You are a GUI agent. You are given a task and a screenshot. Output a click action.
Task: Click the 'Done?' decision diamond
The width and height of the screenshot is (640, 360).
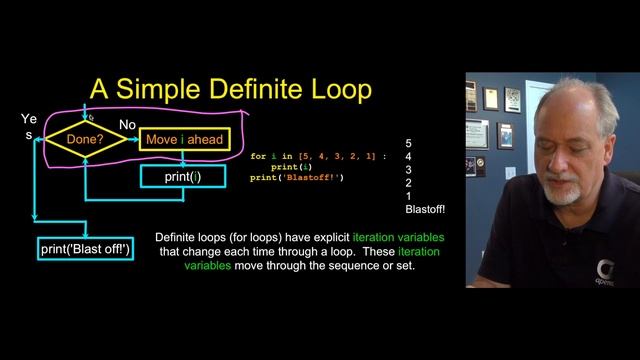click(87, 140)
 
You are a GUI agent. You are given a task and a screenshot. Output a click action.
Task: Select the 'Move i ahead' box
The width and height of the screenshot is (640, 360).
click(184, 140)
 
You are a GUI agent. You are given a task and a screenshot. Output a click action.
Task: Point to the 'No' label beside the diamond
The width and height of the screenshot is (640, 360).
click(128, 124)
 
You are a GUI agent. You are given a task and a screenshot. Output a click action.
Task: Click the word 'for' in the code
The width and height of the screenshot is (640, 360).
click(258, 157)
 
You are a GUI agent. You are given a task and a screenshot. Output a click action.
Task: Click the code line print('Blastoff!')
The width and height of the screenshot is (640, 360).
click(297, 178)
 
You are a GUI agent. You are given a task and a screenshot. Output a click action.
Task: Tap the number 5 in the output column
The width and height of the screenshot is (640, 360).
click(408, 144)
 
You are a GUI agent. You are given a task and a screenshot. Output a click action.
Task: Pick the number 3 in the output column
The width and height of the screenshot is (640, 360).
click(408, 170)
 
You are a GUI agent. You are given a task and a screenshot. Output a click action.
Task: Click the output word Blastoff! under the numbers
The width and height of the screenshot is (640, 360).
click(425, 209)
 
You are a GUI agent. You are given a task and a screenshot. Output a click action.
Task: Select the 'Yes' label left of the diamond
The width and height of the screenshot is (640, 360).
click(28, 126)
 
